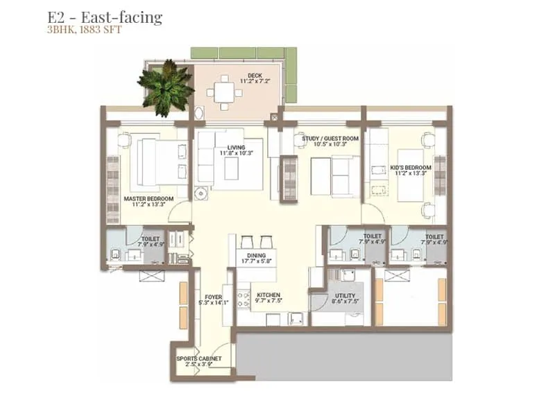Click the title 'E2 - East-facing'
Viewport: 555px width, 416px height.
105,17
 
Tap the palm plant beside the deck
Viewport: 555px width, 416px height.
166,85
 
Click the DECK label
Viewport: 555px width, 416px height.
255,76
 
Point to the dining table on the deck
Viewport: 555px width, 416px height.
224,92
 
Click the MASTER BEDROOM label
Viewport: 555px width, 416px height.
147,198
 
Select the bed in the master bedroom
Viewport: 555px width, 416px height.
162,162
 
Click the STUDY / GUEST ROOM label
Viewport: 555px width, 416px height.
330,139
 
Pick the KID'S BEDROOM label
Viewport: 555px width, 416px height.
411,168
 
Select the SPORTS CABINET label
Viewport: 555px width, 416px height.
199,358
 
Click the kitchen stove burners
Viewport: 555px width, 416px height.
243,298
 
